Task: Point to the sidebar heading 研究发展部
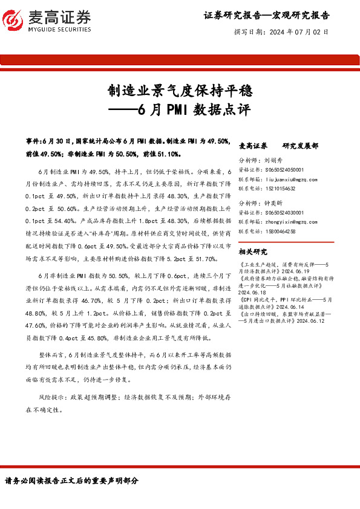(300, 146)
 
